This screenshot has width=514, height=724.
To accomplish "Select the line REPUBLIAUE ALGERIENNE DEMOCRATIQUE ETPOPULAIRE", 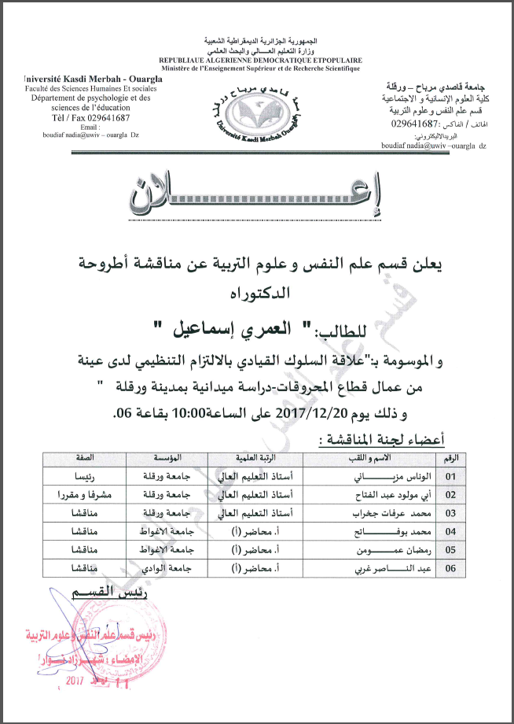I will [260, 60].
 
